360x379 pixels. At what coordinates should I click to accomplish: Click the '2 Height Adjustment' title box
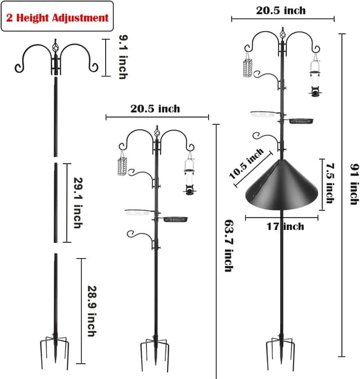pos(57,17)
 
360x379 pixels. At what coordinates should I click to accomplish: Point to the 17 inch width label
pos(285,226)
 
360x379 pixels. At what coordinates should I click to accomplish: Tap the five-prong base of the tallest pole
pos(280,352)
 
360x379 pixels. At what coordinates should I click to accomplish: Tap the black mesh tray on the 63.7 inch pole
pos(175,218)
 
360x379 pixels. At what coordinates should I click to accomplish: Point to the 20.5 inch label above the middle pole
pos(155,109)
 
